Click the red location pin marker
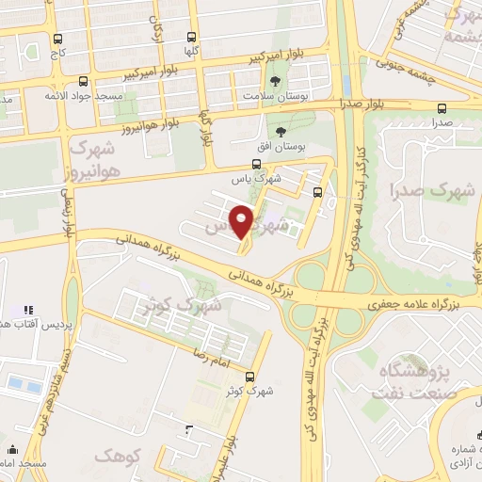pos(244,221)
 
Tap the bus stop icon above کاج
pos(59,40)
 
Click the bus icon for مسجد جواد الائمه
pos(84,81)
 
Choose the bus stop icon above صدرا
pos(442,107)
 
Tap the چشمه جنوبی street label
pos(402,64)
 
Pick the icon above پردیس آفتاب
pos(27,309)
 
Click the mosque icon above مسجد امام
pos(12,450)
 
